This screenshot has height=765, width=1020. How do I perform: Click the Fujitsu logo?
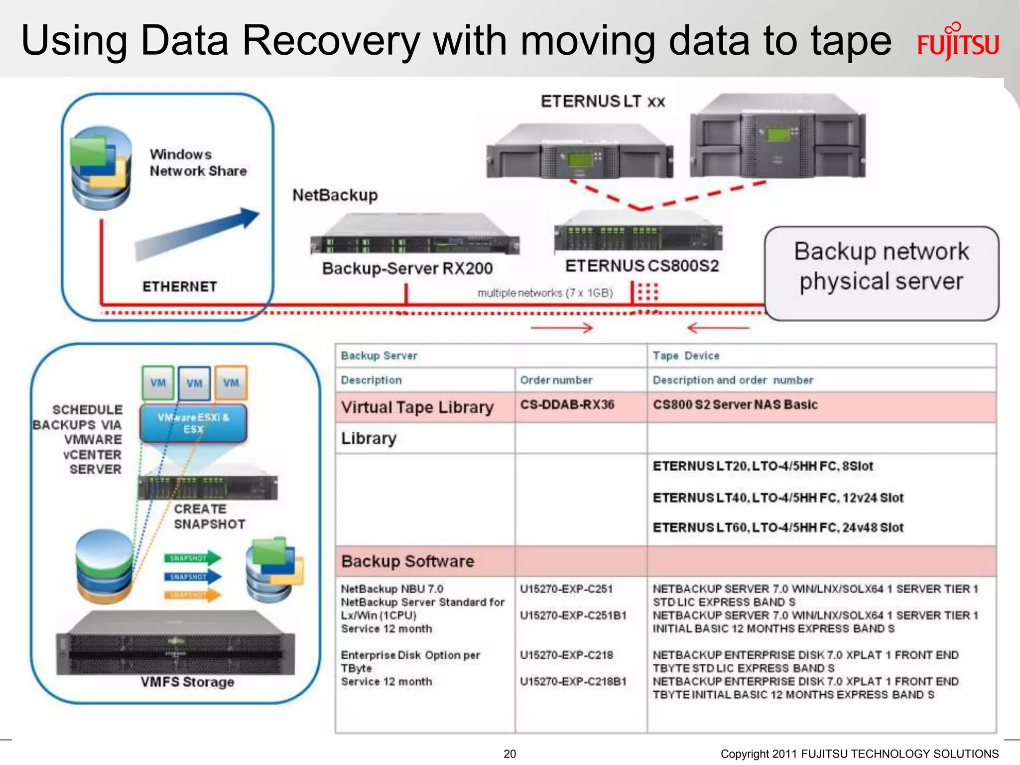958,43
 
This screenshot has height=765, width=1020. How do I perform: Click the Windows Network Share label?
198,162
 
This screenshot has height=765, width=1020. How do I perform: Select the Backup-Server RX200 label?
407,268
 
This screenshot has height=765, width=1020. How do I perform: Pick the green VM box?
158,382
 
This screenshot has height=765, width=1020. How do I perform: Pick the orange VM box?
231,382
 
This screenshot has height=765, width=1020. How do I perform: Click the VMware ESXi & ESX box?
193,423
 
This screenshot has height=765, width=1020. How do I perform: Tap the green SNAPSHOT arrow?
192,558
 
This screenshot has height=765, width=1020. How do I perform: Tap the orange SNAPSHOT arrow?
192,595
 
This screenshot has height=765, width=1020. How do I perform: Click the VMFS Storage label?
187,682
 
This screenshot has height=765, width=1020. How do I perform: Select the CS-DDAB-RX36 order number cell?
567,404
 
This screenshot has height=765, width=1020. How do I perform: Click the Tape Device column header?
686,356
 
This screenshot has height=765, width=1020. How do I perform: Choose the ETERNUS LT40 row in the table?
777,498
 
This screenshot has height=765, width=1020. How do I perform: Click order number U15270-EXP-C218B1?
573,681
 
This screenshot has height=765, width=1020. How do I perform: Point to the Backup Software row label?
407,561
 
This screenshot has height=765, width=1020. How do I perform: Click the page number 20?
510,754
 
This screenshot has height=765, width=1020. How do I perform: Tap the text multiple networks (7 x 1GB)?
545,293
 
